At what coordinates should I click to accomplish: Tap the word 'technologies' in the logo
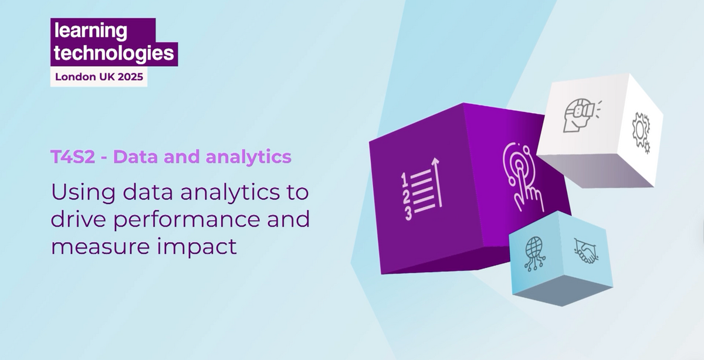pyautogui.click(x=114, y=53)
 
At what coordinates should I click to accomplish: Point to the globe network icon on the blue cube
pyautogui.click(x=536, y=252)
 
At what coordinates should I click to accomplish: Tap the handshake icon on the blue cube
pyautogui.click(x=584, y=251)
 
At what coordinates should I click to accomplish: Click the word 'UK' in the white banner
pyautogui.click(x=98, y=76)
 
